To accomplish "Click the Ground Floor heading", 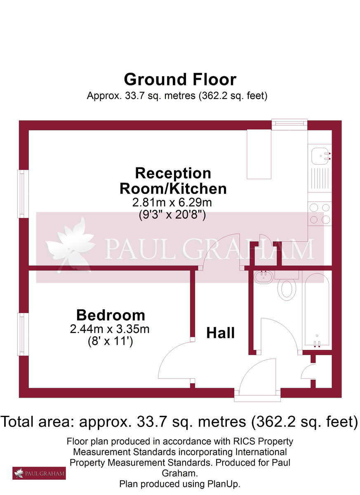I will [x=180, y=79].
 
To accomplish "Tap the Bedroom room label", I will [x=111, y=316].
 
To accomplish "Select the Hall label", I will [x=221, y=332].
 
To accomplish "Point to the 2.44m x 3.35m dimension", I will [x=110, y=329].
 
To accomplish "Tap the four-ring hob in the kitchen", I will [x=320, y=213].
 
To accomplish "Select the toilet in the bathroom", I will [x=286, y=288].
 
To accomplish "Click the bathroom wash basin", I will [x=262, y=276].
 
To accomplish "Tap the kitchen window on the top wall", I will [x=289, y=123].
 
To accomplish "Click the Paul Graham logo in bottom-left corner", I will [x=39, y=473].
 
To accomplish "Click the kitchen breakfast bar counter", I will [x=259, y=154].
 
